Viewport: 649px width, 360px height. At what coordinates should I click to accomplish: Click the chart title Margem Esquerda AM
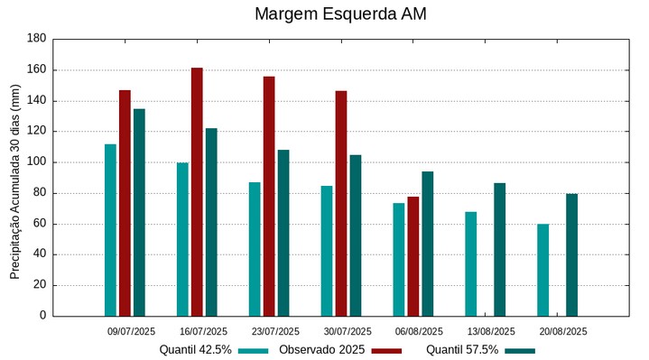340,14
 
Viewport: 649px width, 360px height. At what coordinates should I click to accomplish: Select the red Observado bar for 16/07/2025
197,191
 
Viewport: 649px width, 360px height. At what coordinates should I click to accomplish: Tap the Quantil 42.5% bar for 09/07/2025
110,230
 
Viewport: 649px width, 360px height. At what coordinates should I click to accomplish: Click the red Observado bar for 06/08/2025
413,256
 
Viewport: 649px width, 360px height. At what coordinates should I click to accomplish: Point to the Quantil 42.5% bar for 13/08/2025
471,263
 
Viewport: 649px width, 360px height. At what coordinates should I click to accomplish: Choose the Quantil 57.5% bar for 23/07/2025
283,233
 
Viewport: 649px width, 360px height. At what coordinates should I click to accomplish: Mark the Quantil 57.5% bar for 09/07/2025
139,212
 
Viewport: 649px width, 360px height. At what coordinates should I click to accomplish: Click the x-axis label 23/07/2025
275,331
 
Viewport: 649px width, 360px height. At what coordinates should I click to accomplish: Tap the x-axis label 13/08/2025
491,331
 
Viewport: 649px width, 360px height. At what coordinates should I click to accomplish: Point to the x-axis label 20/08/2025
563,331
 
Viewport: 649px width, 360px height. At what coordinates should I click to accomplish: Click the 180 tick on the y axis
37,39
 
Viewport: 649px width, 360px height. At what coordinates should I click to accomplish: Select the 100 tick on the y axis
37,162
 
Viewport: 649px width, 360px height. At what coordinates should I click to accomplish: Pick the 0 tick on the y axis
42,316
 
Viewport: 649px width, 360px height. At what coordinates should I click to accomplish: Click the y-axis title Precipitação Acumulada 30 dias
15,180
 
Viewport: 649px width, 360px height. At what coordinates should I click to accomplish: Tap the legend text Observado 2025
321,350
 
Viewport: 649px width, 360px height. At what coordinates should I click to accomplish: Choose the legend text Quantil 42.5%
196,350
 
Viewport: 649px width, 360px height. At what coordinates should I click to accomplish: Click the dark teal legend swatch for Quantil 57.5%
520,350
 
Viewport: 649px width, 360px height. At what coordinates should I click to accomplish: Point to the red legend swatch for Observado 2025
386,350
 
